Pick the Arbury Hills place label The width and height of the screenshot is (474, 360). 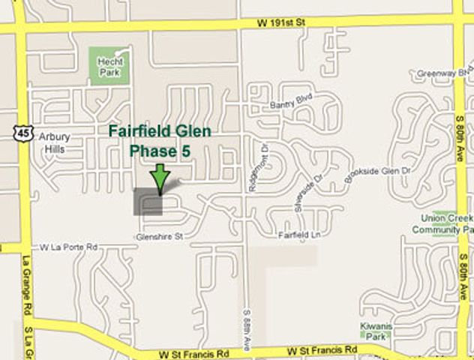[x=52, y=142]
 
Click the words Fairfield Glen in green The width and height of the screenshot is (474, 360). [x=160, y=131]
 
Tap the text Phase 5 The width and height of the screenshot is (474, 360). [x=160, y=150]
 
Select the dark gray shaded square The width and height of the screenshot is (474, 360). [x=148, y=202]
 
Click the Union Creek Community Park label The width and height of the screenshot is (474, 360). [x=447, y=223]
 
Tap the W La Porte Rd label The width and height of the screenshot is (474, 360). [x=69, y=246]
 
